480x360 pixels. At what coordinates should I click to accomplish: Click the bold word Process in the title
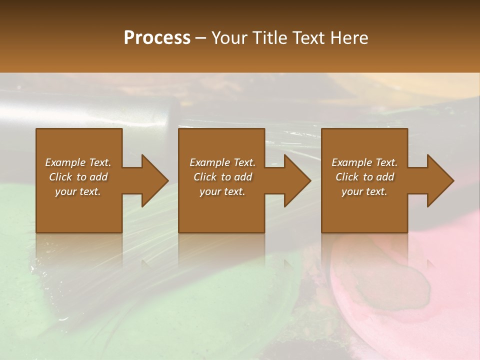pyautogui.click(x=157, y=37)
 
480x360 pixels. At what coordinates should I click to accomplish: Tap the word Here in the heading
pyautogui.click(x=348, y=37)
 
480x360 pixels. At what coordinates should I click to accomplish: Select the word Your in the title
pyautogui.click(x=229, y=37)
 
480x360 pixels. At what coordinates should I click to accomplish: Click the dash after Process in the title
pyautogui.click(x=201, y=38)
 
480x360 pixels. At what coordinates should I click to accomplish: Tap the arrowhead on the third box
pyautogui.click(x=438, y=180)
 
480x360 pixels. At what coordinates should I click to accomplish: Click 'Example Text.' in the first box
pyautogui.click(x=78, y=162)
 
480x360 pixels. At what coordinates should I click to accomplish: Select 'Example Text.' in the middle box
pyautogui.click(x=222, y=162)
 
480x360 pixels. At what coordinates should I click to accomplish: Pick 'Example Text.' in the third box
pyautogui.click(x=364, y=162)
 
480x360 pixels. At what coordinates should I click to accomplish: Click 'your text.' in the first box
pyautogui.click(x=78, y=191)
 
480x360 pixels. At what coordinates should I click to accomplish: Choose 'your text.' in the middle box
pyautogui.click(x=222, y=191)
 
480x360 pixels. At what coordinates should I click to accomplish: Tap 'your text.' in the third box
pyautogui.click(x=364, y=191)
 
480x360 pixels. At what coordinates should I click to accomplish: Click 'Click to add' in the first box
pyautogui.click(x=78, y=177)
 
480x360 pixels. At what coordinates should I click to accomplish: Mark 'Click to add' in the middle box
pyautogui.click(x=222, y=177)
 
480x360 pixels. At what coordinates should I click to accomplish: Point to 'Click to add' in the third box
pyautogui.click(x=364, y=177)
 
